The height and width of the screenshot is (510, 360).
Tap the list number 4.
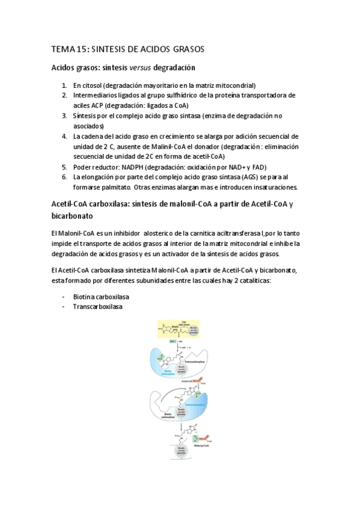point(64,137)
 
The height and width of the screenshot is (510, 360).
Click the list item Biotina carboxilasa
point(101,297)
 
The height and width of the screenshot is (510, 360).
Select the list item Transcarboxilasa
point(97,307)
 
